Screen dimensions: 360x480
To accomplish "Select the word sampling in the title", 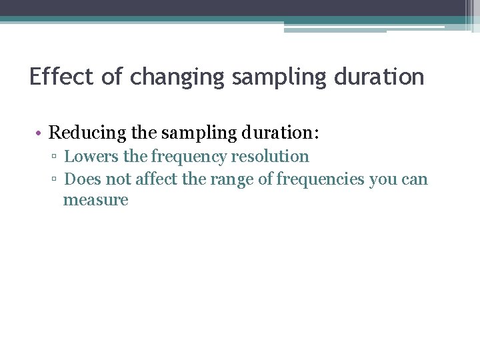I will [x=275, y=77].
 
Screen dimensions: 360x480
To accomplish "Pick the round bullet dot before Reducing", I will [x=40, y=133].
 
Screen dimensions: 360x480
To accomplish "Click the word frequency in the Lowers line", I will [x=189, y=157].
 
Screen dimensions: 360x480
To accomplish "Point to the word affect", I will [x=158, y=179].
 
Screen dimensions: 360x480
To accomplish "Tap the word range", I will [x=234, y=179].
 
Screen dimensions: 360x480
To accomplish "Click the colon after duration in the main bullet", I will [x=317, y=134].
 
